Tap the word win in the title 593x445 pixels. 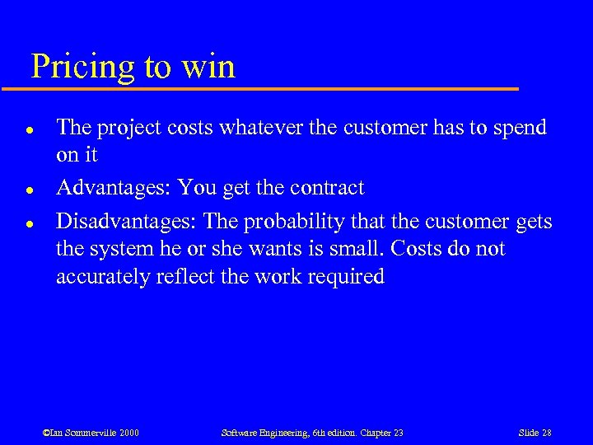210,66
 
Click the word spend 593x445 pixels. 519,127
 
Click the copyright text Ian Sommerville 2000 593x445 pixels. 91,433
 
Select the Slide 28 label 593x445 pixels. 535,433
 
